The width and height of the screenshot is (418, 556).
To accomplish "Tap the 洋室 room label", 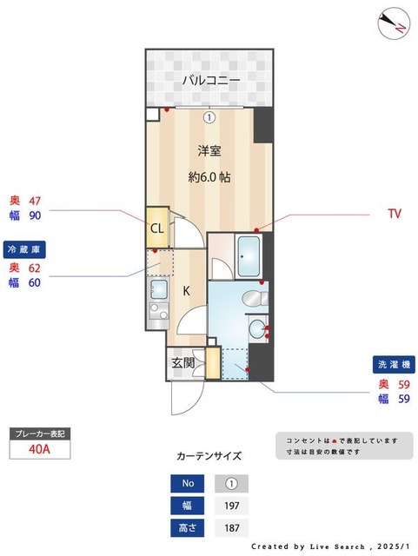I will [209, 151].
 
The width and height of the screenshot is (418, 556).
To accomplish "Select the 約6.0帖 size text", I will [209, 176].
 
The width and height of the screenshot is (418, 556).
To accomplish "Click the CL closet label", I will [157, 228].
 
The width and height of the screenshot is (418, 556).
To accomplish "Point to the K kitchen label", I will [186, 291].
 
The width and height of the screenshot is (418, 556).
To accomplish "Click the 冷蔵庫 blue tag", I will [24, 249].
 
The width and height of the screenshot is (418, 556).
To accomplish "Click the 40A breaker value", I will [38, 449].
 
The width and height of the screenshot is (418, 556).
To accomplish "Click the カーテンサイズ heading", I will [209, 455].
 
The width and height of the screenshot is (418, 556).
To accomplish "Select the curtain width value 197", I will [231, 505].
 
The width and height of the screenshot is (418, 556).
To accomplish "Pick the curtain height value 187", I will [231, 527].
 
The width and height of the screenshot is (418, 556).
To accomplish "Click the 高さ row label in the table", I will [187, 527].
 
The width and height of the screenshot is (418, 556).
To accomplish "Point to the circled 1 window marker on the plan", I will [209, 116].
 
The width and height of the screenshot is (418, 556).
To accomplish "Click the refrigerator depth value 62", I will [35, 268].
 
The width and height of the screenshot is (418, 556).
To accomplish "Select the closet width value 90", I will [35, 215].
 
